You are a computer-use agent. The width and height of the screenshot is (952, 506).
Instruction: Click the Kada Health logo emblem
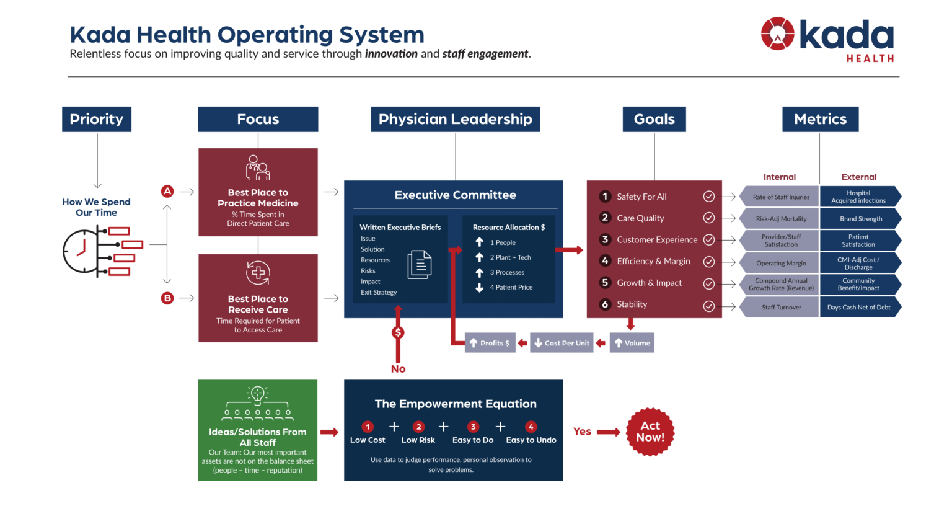click(777, 34)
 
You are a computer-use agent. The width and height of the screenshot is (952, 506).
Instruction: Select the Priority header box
click(97, 119)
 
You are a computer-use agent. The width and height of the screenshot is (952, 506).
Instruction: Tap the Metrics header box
click(820, 119)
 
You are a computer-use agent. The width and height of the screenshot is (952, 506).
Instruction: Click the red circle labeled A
click(167, 192)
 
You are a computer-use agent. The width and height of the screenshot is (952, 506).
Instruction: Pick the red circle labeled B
click(167, 298)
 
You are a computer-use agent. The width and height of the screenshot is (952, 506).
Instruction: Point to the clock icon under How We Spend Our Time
click(82, 251)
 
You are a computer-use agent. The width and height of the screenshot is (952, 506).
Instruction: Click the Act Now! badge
click(650, 432)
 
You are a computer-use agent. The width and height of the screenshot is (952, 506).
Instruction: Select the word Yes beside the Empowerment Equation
click(582, 432)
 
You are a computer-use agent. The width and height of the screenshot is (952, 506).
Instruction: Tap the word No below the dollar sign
click(398, 369)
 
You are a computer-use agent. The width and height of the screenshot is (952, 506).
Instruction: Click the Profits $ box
click(490, 343)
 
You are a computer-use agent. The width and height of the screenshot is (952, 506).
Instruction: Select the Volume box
click(632, 343)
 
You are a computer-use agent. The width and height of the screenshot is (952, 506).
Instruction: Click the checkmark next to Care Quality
click(709, 218)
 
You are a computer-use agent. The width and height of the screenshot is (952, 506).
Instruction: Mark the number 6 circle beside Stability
click(605, 304)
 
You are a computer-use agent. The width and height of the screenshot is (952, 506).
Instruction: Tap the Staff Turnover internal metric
click(781, 308)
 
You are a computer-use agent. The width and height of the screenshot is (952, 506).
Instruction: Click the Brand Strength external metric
click(860, 219)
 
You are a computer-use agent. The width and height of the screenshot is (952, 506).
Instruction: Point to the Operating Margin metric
click(781, 263)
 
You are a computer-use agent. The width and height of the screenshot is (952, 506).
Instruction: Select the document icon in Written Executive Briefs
click(420, 265)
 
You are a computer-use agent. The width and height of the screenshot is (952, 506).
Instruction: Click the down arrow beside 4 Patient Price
click(480, 288)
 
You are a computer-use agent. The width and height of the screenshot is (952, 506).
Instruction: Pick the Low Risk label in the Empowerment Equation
click(418, 440)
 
